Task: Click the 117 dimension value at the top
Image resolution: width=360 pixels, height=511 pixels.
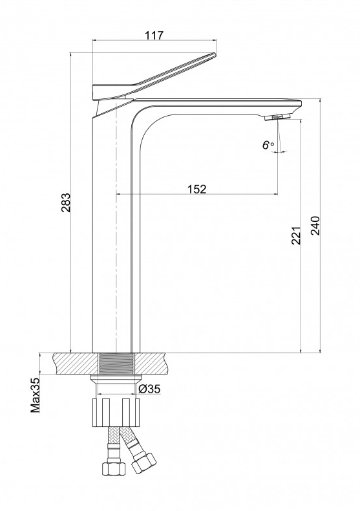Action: coord(154,35)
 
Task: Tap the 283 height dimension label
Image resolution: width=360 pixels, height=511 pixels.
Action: coord(65,202)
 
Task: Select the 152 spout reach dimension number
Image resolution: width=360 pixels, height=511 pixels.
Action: coord(196,189)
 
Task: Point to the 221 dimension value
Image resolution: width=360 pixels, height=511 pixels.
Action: coord(296,235)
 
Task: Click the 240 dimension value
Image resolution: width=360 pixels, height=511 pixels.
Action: coord(315,225)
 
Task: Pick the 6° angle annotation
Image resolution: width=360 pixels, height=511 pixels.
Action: coord(268,145)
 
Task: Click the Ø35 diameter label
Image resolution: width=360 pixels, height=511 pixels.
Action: coord(149,389)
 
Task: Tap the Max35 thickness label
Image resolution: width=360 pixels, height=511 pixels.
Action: coord(35,395)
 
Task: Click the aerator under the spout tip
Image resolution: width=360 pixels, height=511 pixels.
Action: coord(278,117)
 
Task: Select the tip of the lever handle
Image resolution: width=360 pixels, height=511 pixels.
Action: coord(215,54)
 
